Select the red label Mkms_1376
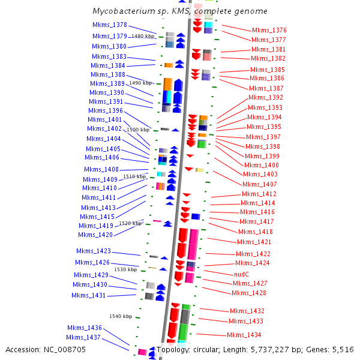[269, 30]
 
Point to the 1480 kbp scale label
[143, 37]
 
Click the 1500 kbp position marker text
[138, 130]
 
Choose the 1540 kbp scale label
[121, 316]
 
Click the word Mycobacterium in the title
[122, 11]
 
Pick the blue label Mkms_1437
[83, 338]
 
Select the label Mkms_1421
[254, 242]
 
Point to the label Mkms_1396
[106, 111]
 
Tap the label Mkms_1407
[260, 184]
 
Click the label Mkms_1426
[92, 262]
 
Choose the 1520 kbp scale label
[130, 223]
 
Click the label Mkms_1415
[97, 217]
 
